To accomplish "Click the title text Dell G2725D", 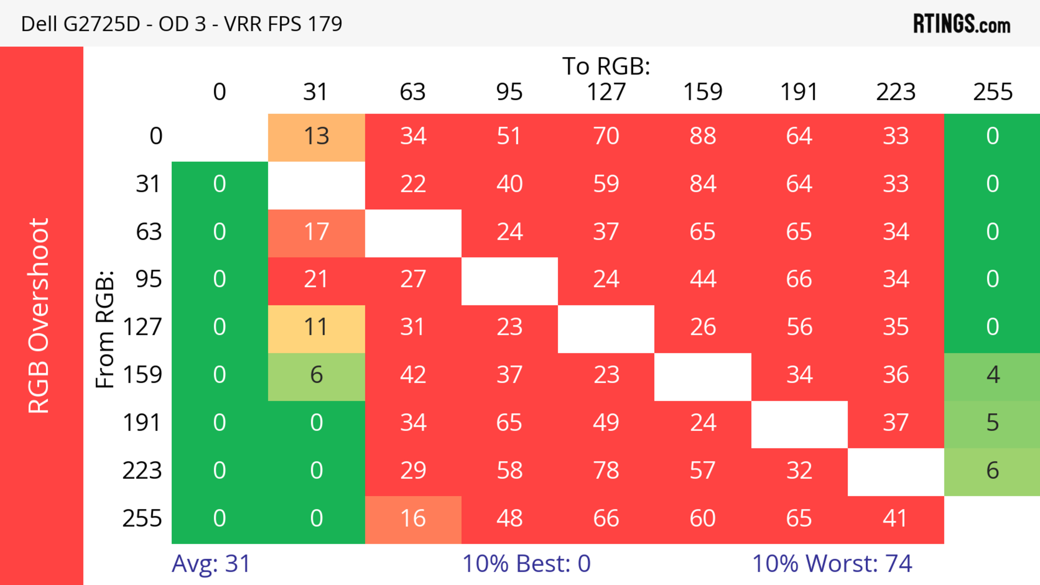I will tap(80, 24).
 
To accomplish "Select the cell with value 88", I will tap(703, 136).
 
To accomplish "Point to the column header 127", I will tap(606, 92).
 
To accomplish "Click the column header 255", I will tap(992, 92).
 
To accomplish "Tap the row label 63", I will tap(149, 231).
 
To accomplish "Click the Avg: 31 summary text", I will tap(211, 563).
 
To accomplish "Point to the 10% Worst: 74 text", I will tap(832, 563).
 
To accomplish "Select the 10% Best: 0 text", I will tap(526, 563).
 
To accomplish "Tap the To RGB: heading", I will tap(606, 66).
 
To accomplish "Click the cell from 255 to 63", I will tap(413, 518).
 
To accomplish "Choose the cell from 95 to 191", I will tap(799, 279).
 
